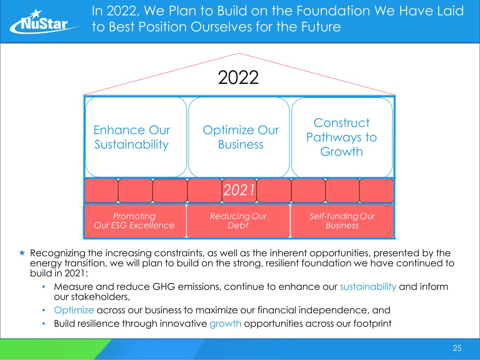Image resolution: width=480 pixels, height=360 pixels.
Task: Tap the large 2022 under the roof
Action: (x=238, y=77)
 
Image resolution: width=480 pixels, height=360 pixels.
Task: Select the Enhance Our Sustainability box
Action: (x=136, y=137)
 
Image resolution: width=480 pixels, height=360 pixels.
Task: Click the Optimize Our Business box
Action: (x=239, y=137)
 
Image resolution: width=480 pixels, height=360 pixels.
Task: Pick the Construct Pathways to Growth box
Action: (x=342, y=137)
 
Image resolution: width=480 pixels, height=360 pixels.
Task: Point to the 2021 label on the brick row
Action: (x=239, y=190)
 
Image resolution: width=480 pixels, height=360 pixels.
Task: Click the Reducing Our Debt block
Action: (x=238, y=221)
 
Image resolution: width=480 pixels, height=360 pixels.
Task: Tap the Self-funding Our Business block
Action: (x=342, y=221)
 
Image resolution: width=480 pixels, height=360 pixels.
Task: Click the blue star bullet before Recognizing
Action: (x=22, y=253)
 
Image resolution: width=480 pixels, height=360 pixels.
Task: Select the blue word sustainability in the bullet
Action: (x=368, y=287)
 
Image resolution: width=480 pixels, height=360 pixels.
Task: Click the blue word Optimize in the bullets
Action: (x=74, y=310)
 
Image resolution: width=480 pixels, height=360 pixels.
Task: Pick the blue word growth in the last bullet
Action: (x=225, y=324)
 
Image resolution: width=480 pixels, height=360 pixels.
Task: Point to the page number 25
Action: (x=457, y=348)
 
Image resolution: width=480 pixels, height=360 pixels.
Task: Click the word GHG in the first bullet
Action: (x=164, y=287)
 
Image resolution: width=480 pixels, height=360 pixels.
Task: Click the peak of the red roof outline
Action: (x=239, y=53)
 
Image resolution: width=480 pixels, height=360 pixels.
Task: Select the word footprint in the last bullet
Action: (x=372, y=324)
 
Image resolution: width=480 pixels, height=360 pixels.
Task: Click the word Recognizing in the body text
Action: (x=58, y=253)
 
